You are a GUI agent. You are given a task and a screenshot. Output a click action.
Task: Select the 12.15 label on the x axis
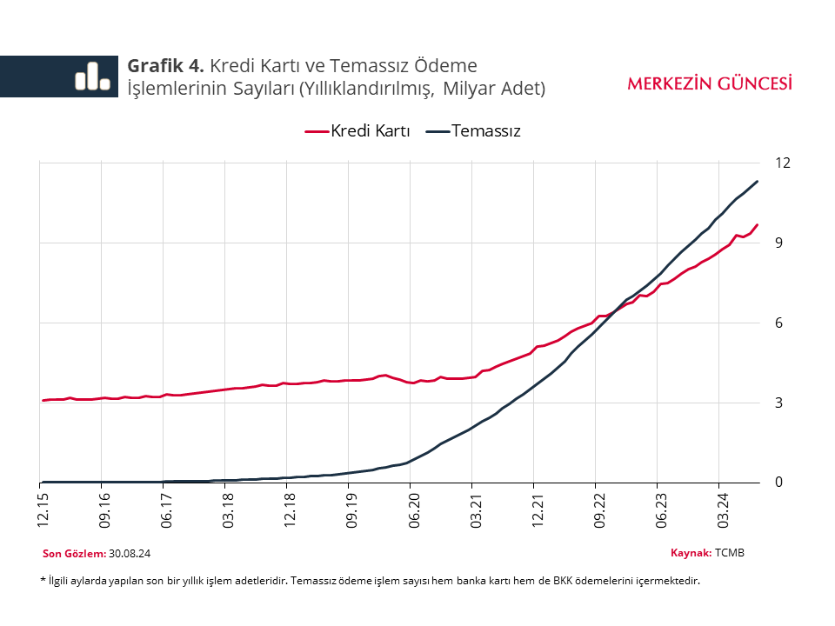42,511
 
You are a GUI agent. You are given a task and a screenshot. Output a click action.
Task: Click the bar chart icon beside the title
92,76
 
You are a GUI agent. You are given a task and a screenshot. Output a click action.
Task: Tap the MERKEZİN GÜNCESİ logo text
710,83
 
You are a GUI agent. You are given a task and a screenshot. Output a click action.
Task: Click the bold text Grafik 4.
165,66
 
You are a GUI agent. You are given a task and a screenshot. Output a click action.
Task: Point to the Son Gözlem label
73,554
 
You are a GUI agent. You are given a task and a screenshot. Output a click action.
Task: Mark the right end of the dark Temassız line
758,181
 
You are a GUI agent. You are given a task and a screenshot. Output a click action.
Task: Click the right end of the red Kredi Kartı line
758,224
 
